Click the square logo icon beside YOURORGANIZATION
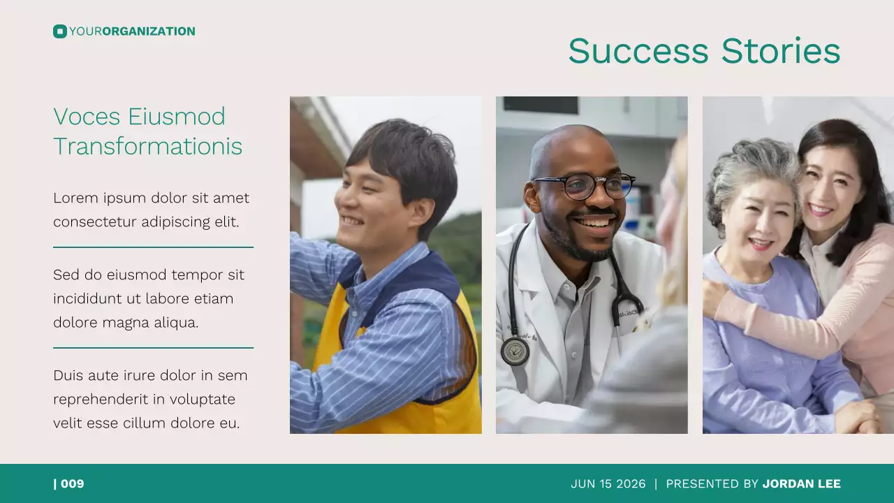pos(59,31)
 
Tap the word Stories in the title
pos(780,51)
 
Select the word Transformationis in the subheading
pos(148,147)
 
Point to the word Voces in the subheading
pos(85,117)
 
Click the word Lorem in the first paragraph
pos(75,198)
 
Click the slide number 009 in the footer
pos(72,483)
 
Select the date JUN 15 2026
pos(608,483)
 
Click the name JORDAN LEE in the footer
pos(801,483)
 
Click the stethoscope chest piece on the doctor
pos(515,351)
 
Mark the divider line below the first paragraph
pos(153,247)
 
